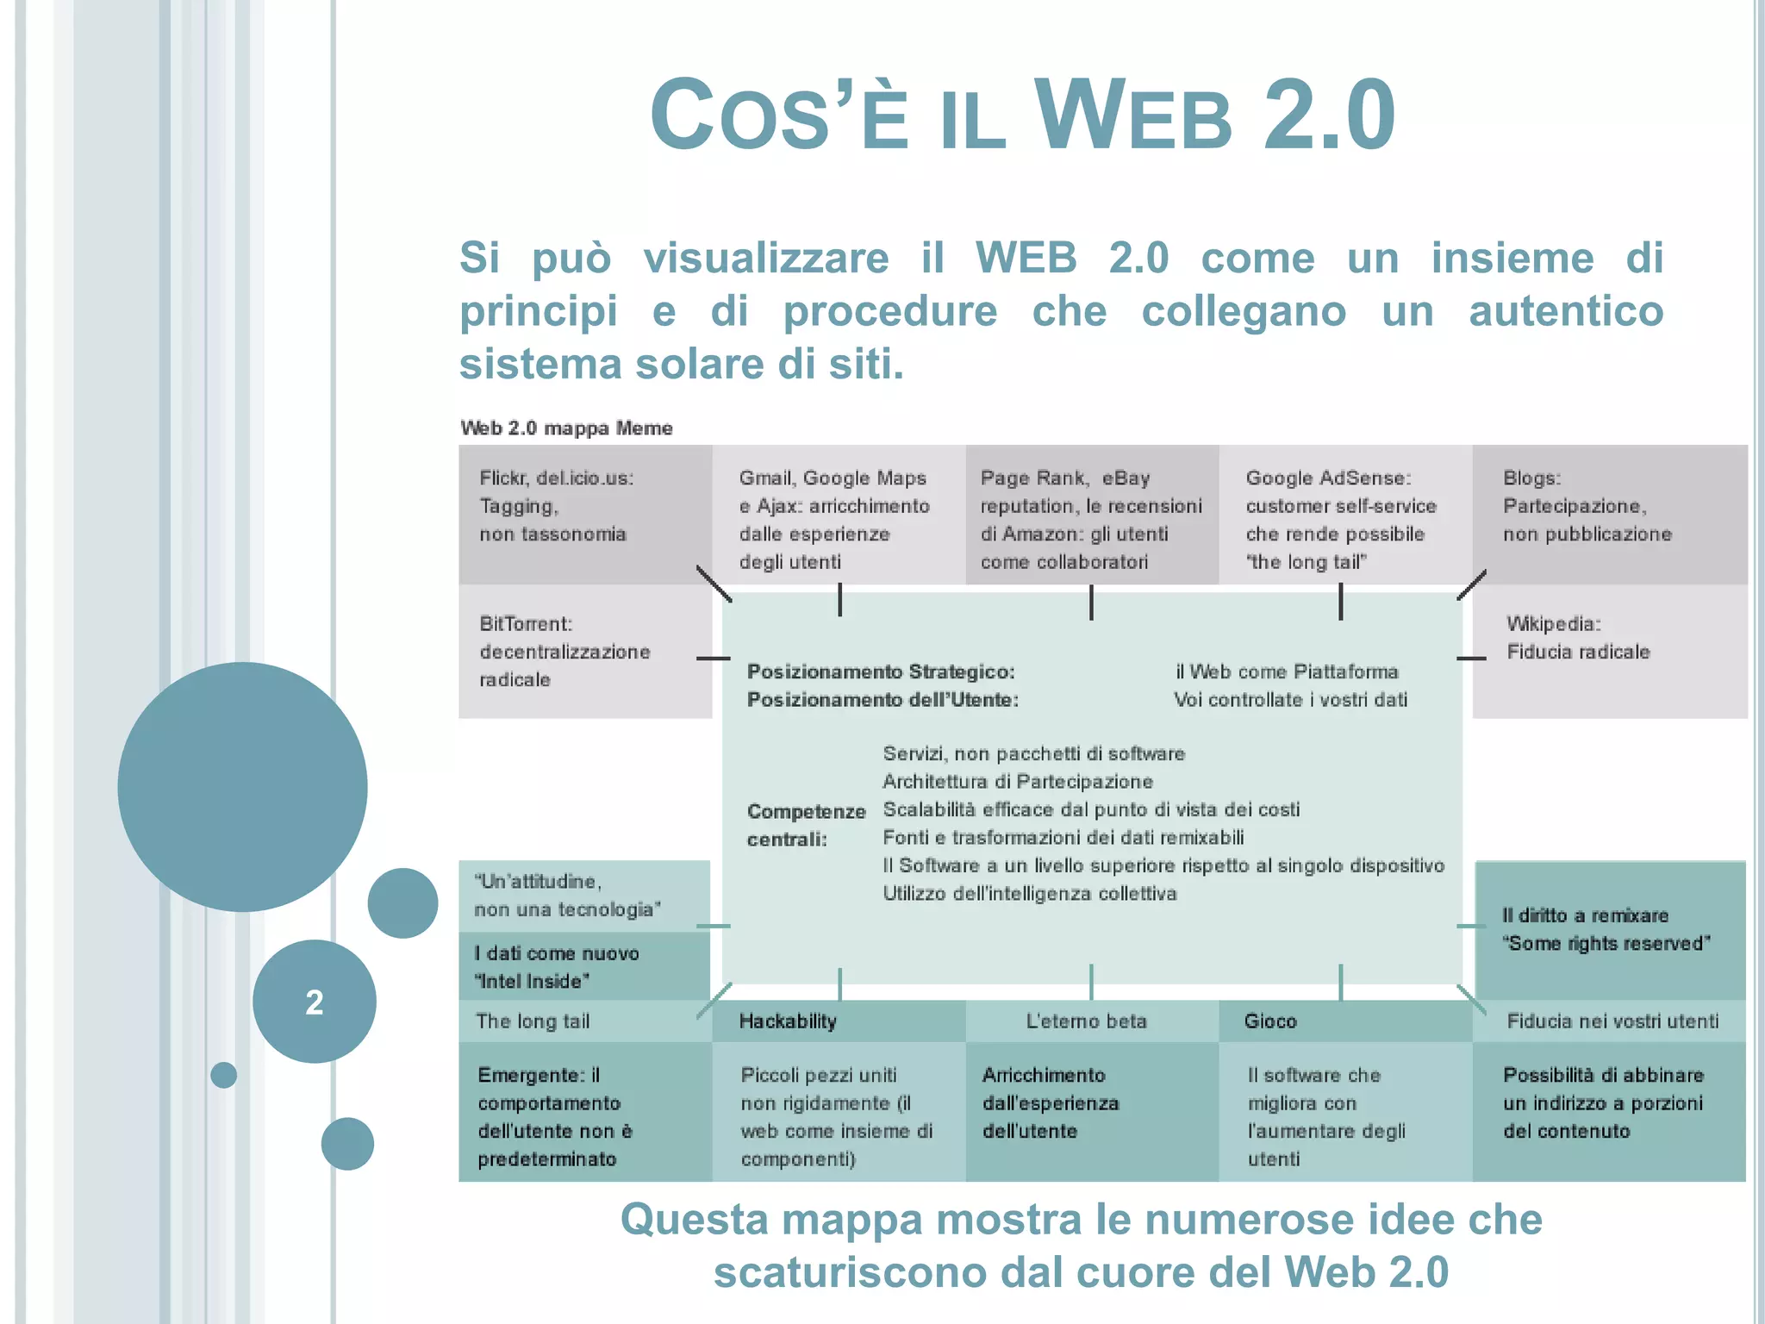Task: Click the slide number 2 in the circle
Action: point(315,1002)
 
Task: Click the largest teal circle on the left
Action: point(242,786)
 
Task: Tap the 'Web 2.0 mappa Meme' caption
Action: point(566,428)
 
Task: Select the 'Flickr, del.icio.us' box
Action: point(584,514)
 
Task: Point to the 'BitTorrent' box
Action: point(584,652)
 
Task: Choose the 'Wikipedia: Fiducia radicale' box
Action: point(1608,651)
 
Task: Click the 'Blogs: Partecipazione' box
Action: point(1608,514)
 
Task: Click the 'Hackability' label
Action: point(788,1021)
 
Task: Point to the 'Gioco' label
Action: point(1270,1021)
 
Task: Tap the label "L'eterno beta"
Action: point(1086,1021)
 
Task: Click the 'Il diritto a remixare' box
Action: point(1608,930)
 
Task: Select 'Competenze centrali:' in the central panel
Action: point(806,825)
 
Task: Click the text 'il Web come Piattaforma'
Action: point(1287,671)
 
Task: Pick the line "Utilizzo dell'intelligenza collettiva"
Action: point(1030,894)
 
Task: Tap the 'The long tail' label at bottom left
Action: point(533,1021)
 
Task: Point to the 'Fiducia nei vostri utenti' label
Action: point(1612,1021)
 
